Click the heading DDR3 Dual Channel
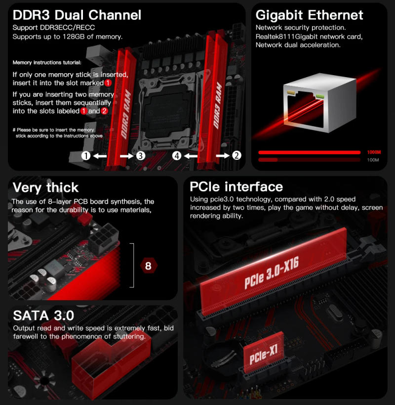pyautogui.click(x=77, y=14)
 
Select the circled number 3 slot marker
pyautogui.click(x=140, y=156)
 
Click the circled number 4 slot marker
pyautogui.click(x=177, y=156)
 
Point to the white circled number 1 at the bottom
pyautogui.click(x=86, y=156)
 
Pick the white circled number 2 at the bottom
pyautogui.click(x=237, y=156)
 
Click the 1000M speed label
pyautogui.click(x=374, y=152)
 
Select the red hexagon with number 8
pyautogui.click(x=148, y=266)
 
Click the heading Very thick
pyautogui.click(x=45, y=187)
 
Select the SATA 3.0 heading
pyautogui.click(x=43, y=315)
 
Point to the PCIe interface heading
pyautogui.click(x=237, y=186)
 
